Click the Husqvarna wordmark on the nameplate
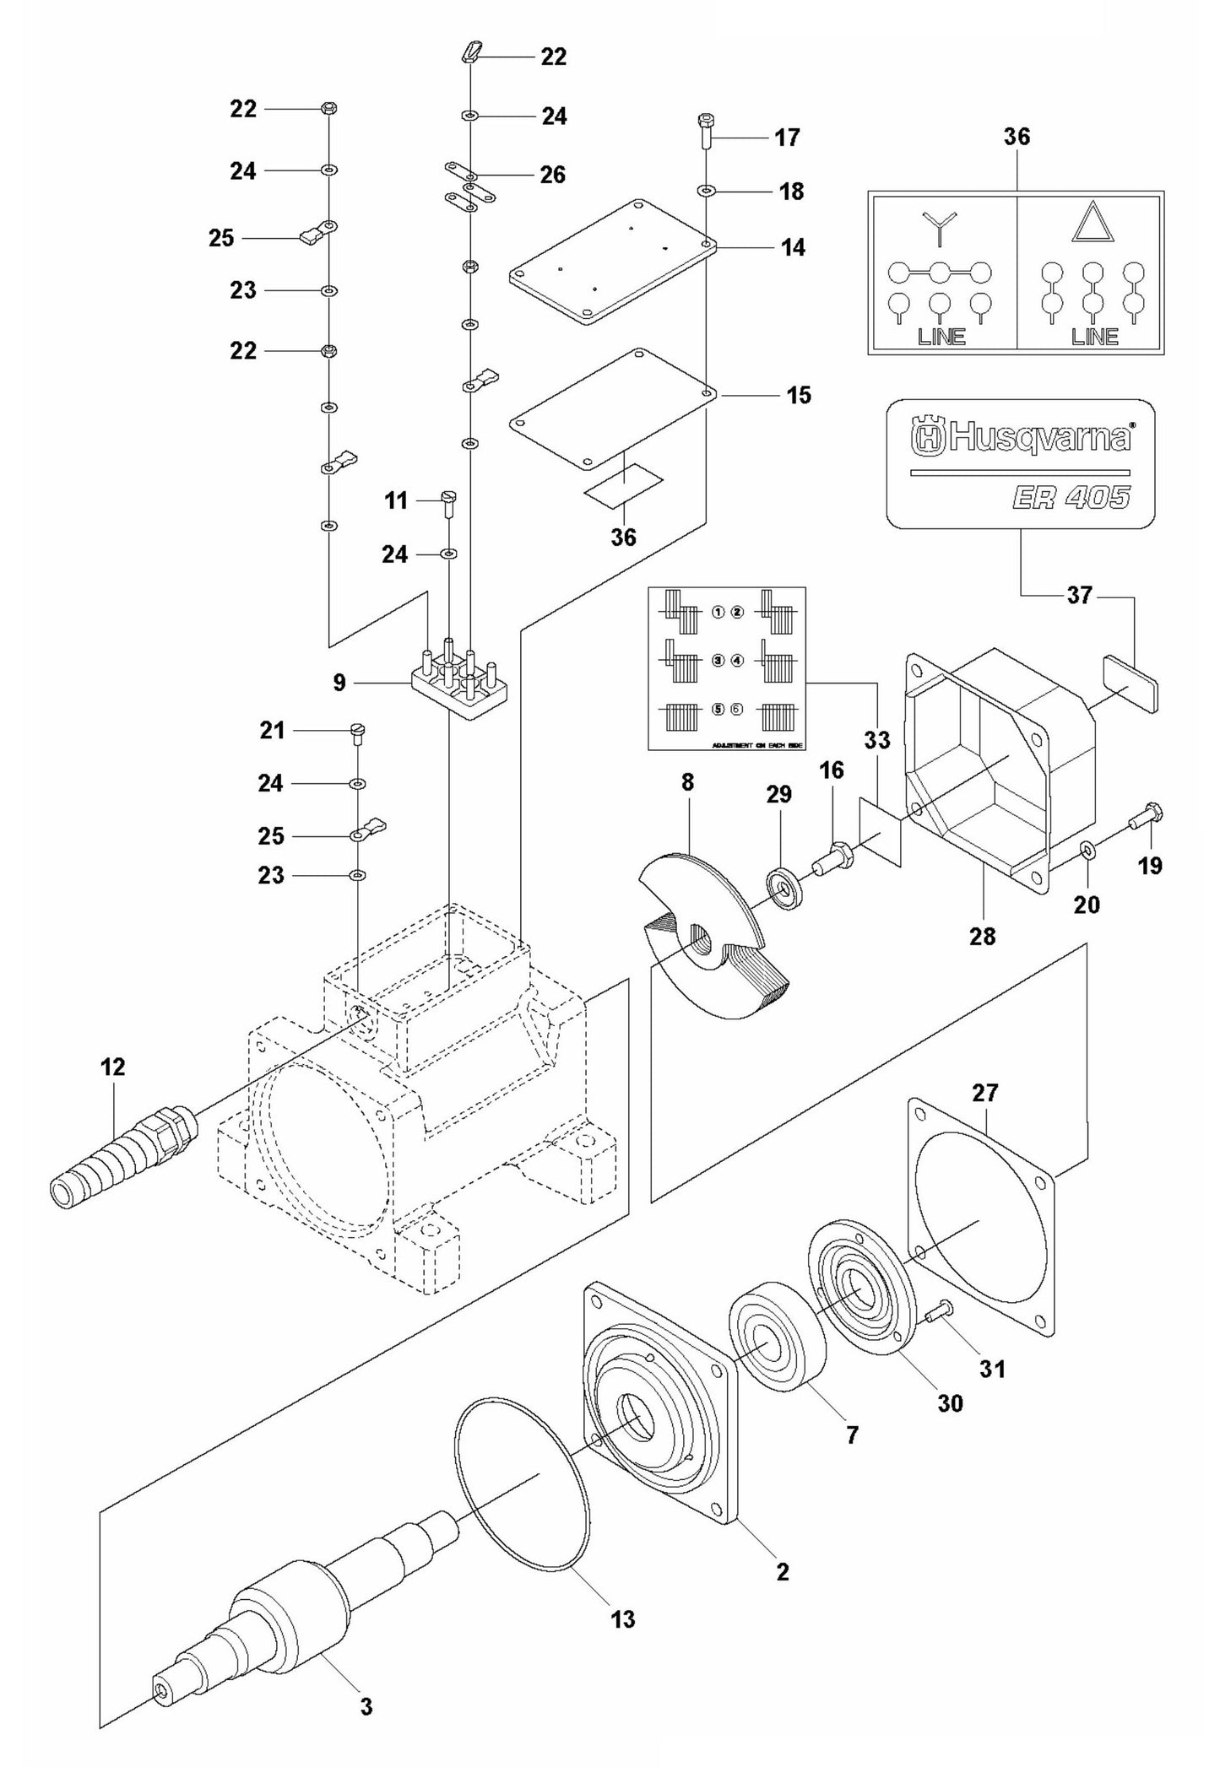(x=1022, y=437)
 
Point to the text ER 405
(x=1071, y=497)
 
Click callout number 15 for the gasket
(x=798, y=395)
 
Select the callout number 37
(x=1079, y=596)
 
